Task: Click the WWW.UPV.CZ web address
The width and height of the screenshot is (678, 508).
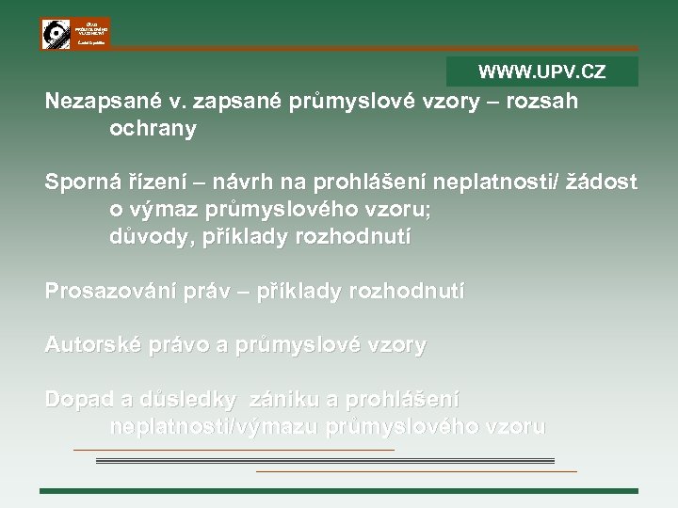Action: [541, 71]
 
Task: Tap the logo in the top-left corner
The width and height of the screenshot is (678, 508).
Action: [74, 34]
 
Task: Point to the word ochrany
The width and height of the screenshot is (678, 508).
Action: [153, 129]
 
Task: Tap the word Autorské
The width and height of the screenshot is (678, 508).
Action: [89, 345]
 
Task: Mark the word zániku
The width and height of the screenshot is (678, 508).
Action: [286, 399]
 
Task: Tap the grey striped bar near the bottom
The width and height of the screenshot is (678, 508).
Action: [338, 461]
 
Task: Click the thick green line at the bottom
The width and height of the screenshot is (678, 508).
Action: [338, 491]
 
